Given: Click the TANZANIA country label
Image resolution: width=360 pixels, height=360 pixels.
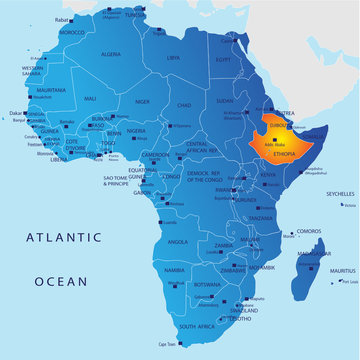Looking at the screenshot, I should pyautogui.click(x=262, y=218).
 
